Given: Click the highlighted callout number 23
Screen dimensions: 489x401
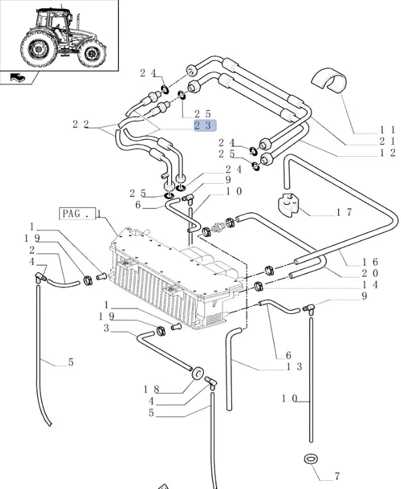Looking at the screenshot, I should tap(204, 125).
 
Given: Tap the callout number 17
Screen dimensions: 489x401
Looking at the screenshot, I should tap(344, 213).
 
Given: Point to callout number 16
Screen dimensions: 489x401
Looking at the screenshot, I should tap(370, 262).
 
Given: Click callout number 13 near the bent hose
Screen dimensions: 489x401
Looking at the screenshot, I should tap(294, 366).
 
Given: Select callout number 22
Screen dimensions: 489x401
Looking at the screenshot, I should tap(81, 124).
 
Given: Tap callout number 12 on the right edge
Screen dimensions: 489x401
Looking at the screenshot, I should tap(387, 153).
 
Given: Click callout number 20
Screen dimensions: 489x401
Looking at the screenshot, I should tap(370, 273).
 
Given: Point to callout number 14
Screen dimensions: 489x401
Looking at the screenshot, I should tap(370, 284).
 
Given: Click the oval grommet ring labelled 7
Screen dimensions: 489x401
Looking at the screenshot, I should tap(309, 460).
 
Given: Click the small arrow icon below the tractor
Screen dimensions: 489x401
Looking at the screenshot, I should tap(18, 77).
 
